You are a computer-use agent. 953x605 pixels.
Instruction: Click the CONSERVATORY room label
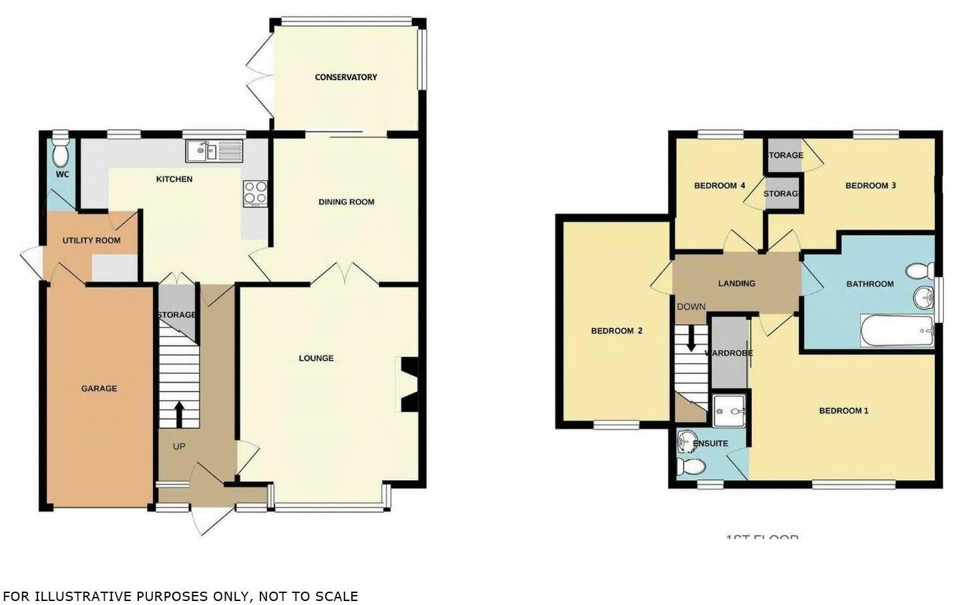[346, 77]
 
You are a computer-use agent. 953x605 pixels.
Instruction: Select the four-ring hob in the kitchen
[256, 193]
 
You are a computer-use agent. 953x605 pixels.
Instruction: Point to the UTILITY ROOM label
[91, 240]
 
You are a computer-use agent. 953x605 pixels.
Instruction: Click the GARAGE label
[99, 389]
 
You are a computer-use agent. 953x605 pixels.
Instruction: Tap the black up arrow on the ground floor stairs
[179, 413]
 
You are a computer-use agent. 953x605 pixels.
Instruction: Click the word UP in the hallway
[179, 446]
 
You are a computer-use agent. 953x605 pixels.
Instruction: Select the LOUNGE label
[316, 359]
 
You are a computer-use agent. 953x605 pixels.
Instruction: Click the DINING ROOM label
[346, 202]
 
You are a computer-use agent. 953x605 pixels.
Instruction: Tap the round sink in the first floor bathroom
[923, 296]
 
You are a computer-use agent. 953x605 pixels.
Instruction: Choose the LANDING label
[737, 284]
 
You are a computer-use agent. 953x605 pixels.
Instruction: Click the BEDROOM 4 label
[719, 186]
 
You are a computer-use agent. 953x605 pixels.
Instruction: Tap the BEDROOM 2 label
[616, 331]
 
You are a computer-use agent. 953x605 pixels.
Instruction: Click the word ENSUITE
[711, 443]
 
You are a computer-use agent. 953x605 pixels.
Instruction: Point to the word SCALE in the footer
[337, 596]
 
